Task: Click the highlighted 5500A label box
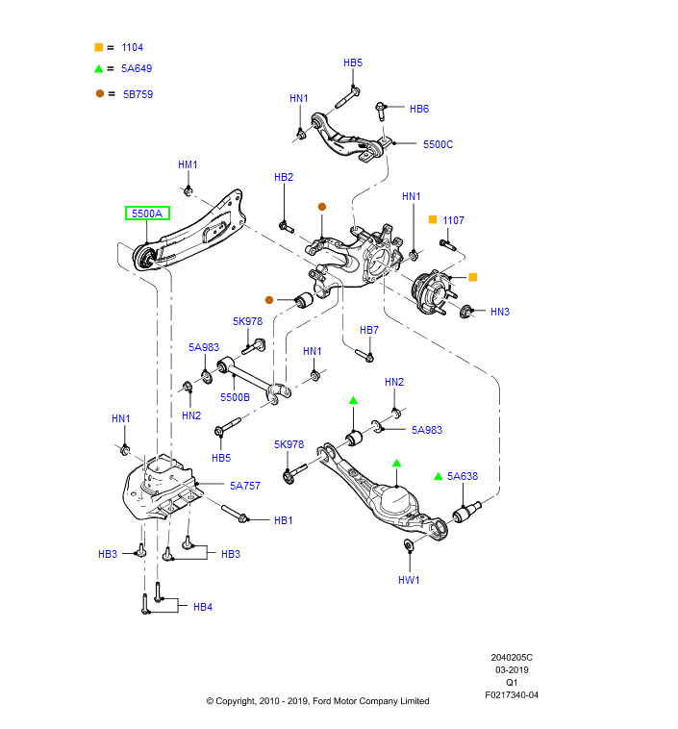click(147, 214)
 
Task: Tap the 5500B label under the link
click(235, 396)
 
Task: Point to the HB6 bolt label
click(419, 109)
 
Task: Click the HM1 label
click(188, 164)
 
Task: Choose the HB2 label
click(284, 177)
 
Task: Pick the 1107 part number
click(453, 220)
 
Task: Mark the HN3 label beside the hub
click(500, 312)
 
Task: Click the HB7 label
click(369, 330)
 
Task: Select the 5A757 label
click(244, 486)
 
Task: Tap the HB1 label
click(283, 520)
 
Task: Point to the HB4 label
click(202, 607)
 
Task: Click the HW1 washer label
click(409, 580)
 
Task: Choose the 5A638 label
click(463, 476)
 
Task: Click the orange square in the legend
click(98, 47)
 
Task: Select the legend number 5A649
click(137, 69)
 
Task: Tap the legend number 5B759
click(138, 94)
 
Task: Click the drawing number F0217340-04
click(512, 694)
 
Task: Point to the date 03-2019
click(512, 669)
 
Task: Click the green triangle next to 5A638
click(438, 476)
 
